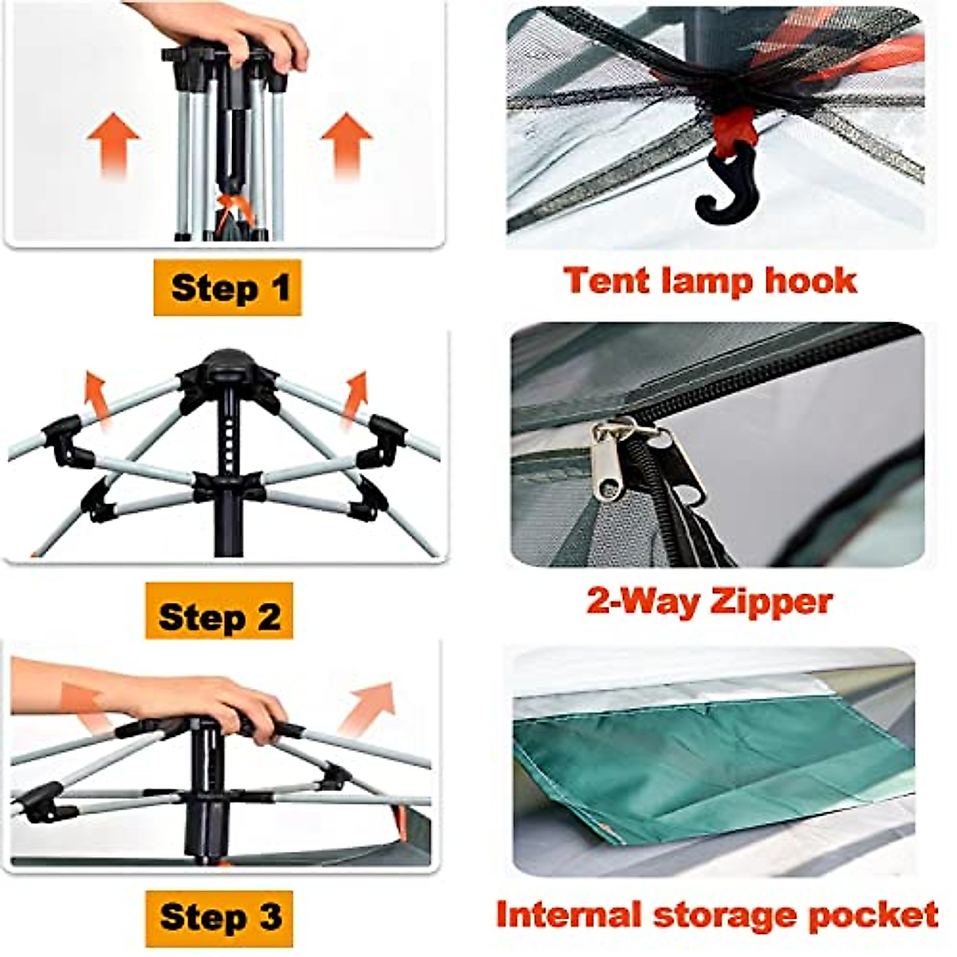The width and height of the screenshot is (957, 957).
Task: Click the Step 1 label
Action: coord(228,288)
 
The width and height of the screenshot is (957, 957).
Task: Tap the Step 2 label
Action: coord(219,616)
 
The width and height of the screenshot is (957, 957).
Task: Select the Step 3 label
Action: coord(220,917)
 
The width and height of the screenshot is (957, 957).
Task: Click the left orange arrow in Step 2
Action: coord(97,396)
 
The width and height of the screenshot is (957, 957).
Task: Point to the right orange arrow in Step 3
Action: coord(368,706)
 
